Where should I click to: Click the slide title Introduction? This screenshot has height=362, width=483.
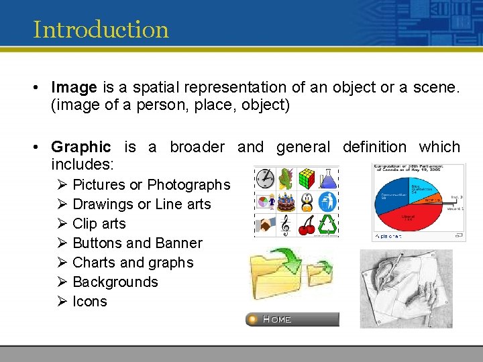point(101,29)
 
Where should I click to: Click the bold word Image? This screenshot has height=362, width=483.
point(74,87)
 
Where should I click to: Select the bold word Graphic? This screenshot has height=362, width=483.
point(80,147)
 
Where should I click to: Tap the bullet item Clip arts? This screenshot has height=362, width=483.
point(99,223)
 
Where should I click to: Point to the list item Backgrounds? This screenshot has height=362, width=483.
point(115,282)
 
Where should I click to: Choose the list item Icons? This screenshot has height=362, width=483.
point(89,301)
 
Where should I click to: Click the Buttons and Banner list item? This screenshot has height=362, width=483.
point(137,243)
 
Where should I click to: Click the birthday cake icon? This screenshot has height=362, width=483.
point(286,200)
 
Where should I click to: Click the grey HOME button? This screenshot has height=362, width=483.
point(292,319)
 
